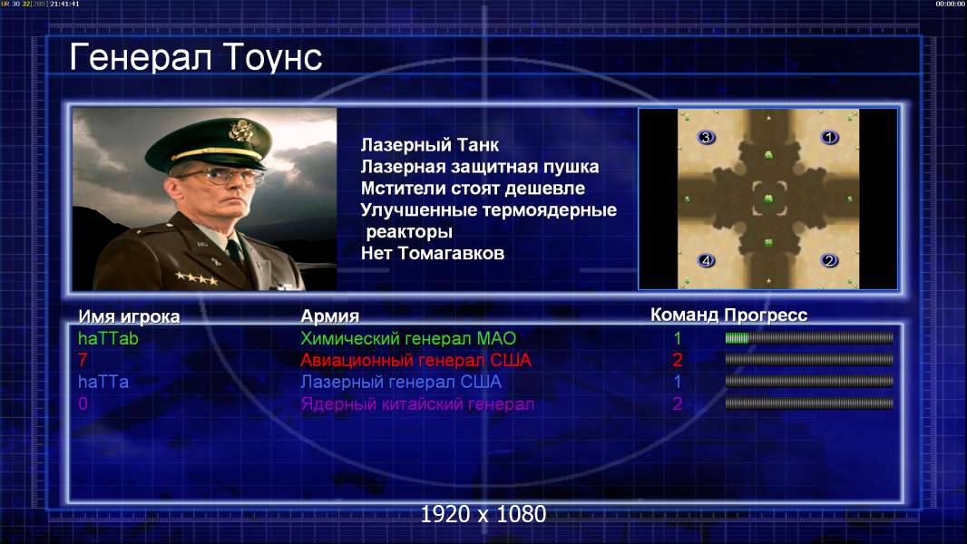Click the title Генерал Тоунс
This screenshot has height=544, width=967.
pos(196,58)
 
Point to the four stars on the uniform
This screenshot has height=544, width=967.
pos(196,277)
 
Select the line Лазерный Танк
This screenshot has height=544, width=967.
pos(429,145)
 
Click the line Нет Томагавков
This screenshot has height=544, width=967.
pos(433,253)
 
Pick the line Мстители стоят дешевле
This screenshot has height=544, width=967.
pos(473,189)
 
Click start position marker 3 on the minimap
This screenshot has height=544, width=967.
pos(706,138)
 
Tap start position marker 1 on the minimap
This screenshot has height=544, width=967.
pos(829,138)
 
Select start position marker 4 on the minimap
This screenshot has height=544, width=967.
pos(706,260)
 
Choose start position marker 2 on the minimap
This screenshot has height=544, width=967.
pos(829,260)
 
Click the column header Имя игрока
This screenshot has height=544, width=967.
pos(129,316)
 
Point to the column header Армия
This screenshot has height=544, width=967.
pos(330,316)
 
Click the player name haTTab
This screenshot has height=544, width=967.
pos(108,338)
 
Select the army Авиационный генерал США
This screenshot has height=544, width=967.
pos(415,361)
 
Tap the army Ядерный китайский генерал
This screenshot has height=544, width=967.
pos(417,404)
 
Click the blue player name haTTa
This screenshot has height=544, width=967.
pos(103,382)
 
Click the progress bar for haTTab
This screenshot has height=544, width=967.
pos(809,337)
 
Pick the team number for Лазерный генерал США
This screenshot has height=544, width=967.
pos(677,382)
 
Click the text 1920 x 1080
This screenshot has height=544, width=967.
pos(483,514)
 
